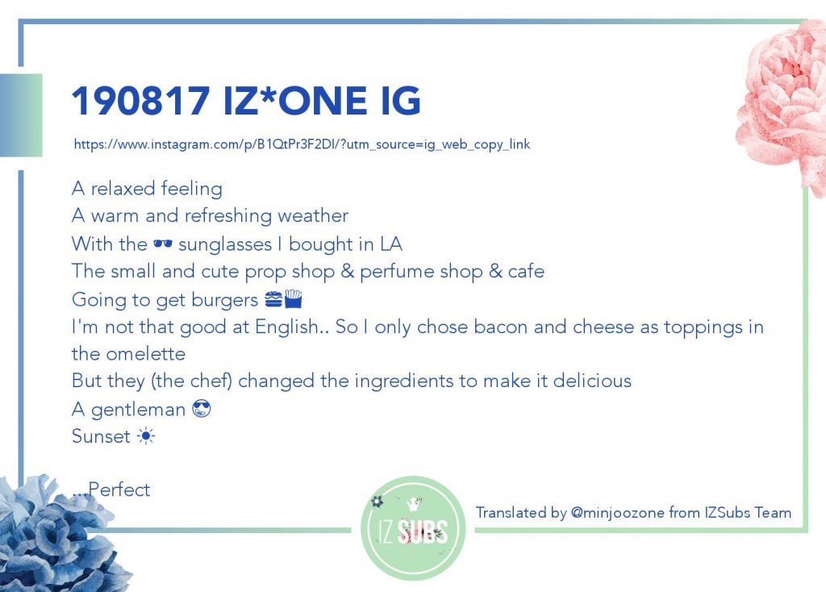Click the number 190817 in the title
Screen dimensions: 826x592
[x=141, y=101]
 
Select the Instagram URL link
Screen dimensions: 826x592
[x=302, y=144]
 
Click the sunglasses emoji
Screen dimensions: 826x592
[x=163, y=244]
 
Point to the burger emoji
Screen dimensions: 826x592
[x=273, y=299]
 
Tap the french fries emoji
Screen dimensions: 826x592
[x=294, y=298]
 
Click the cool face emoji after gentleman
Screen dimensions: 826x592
[x=202, y=409]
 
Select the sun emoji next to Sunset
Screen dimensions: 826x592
[x=146, y=436]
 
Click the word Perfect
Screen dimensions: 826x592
[x=119, y=490]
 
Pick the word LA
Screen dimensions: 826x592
[x=391, y=244]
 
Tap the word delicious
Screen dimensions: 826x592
[x=592, y=380]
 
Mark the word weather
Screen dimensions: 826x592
[x=313, y=215]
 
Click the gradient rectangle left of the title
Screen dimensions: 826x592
[x=21, y=115]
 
